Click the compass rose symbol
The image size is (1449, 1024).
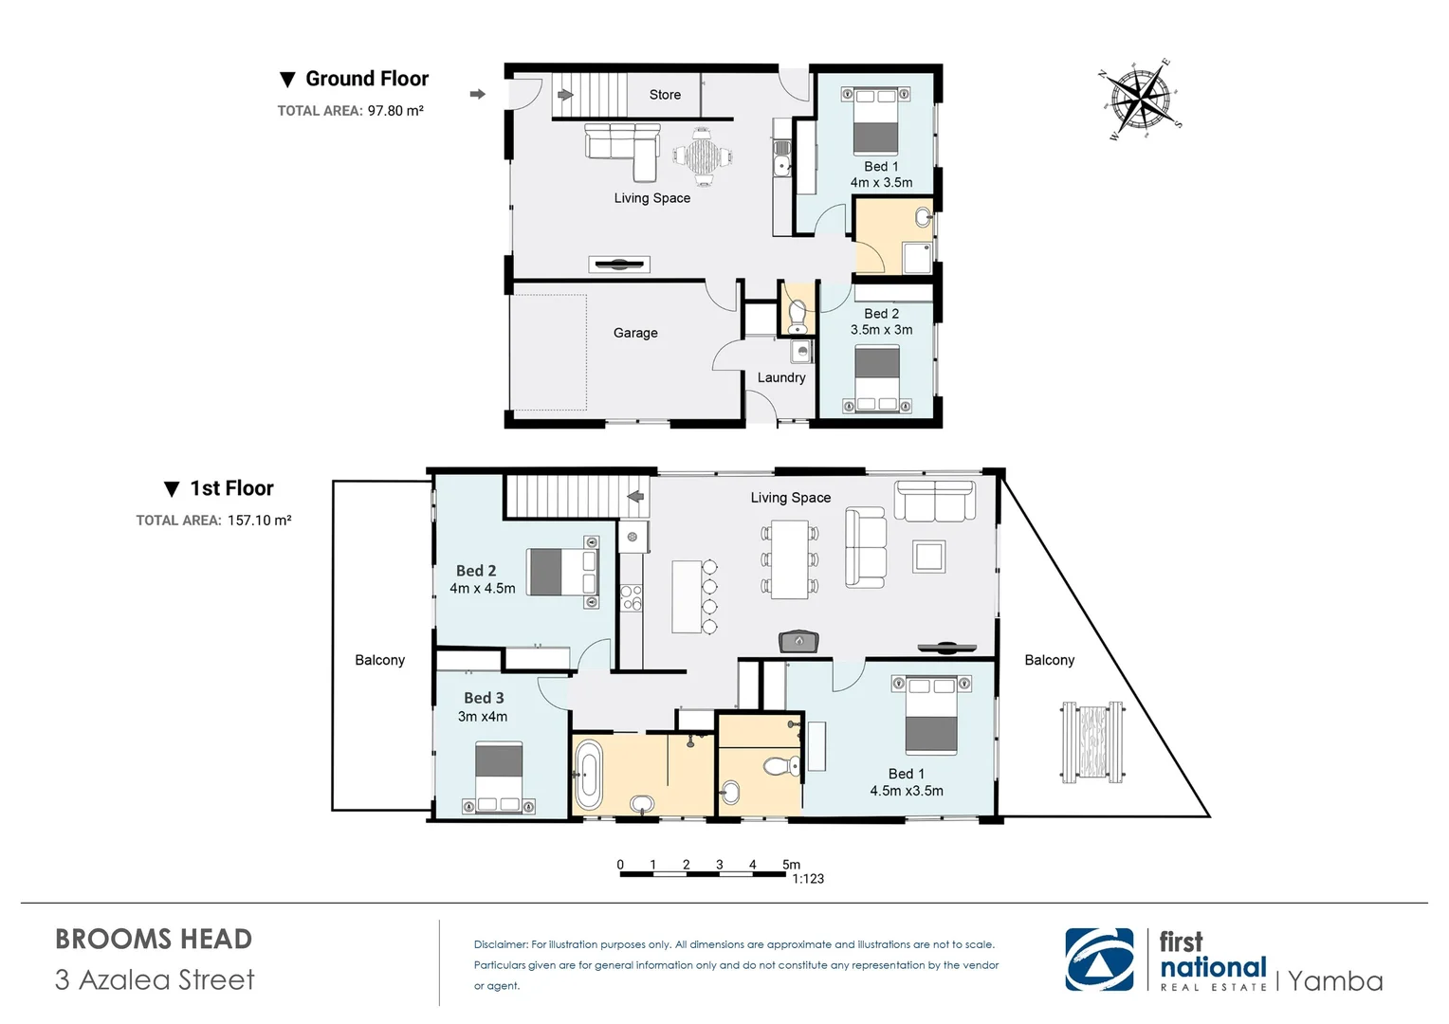coord(1140,100)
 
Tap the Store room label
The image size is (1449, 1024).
coord(665,95)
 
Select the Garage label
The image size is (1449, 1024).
coord(635,333)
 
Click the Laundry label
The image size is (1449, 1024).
coord(781,377)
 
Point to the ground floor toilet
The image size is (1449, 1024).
coord(797,314)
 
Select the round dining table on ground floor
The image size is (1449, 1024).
coord(703,156)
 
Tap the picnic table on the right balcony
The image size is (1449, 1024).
coord(1092,742)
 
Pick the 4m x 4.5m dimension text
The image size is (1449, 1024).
coord(483,589)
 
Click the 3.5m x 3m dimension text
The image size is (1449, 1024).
coord(881,330)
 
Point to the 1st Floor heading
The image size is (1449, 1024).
coord(231,488)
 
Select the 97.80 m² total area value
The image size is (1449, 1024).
coord(395,111)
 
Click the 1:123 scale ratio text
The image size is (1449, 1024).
coord(808,879)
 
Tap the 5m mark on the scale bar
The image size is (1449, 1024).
coord(791,864)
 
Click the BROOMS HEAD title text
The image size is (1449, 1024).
coord(154,939)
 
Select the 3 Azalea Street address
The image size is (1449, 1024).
coord(155,979)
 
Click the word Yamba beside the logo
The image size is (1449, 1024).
coord(1335,980)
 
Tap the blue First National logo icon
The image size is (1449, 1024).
coord(1099,960)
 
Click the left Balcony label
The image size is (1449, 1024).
coord(379,660)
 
